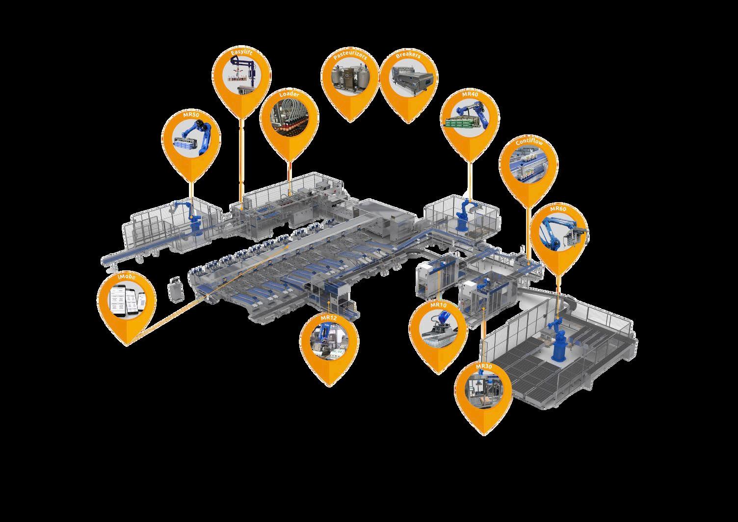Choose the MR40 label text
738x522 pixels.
click(470, 94)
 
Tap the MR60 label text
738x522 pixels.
click(558, 209)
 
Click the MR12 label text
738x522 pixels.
click(328, 318)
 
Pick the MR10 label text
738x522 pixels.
click(438, 305)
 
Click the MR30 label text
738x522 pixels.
click(484, 367)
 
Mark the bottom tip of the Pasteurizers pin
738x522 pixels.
click(349, 122)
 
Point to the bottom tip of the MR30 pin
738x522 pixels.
click(484, 434)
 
